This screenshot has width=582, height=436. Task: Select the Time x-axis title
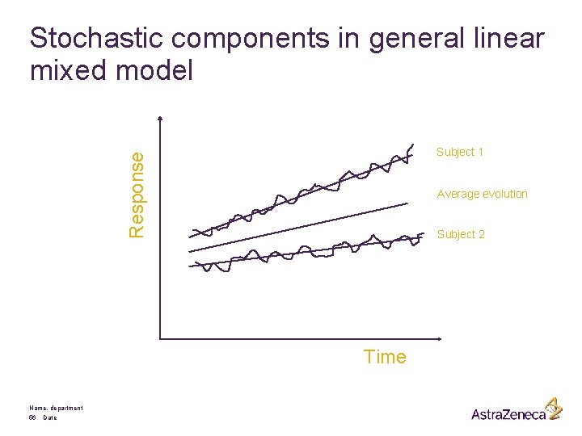point(385,357)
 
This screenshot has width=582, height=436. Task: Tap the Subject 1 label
point(460,152)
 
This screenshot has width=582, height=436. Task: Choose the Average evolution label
point(482,194)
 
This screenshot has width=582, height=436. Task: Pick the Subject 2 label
point(461,234)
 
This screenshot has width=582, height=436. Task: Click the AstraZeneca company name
point(508,414)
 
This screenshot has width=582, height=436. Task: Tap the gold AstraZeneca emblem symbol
point(553,408)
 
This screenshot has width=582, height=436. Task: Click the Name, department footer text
point(55,408)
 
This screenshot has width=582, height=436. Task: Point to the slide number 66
point(32,418)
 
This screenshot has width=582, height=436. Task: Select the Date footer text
point(50,418)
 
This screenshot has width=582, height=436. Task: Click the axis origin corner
point(162,338)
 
